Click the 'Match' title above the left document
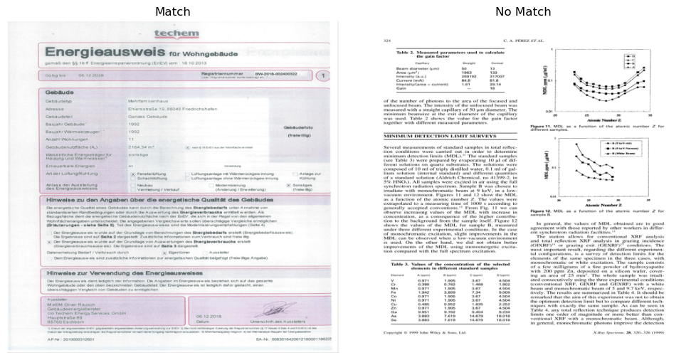click(172, 11)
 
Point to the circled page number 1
click(322, 75)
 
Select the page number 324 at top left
click(388, 42)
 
